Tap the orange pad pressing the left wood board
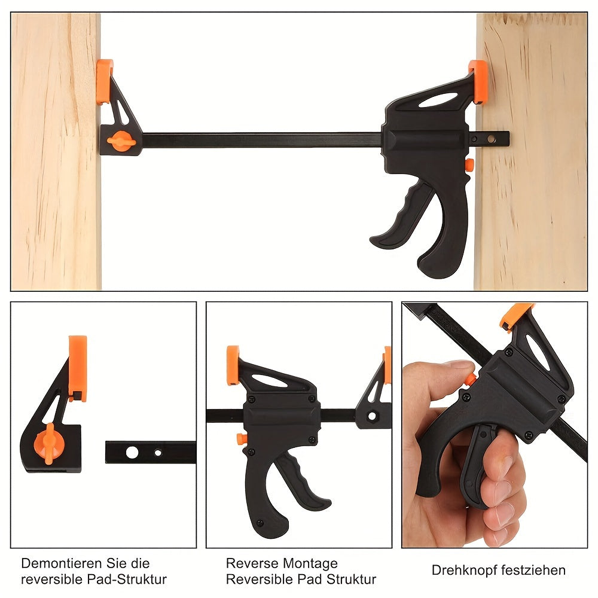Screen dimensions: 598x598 pos(104,81)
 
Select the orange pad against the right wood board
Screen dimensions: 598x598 pos(478,83)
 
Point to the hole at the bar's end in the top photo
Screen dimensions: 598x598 pos(491,139)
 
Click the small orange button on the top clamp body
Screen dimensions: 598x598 pos(469,165)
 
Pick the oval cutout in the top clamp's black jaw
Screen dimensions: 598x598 pos(438,100)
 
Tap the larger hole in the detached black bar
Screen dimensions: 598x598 pos(132,453)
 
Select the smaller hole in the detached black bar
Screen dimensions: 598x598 pos(158,453)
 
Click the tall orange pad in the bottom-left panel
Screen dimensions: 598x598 pos(78,368)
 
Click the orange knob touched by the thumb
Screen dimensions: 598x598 pos(471,379)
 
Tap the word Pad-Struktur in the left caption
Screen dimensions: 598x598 pos(127,579)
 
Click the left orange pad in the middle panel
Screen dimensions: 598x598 pos(233,365)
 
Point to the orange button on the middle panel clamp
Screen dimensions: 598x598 pos(241,438)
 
